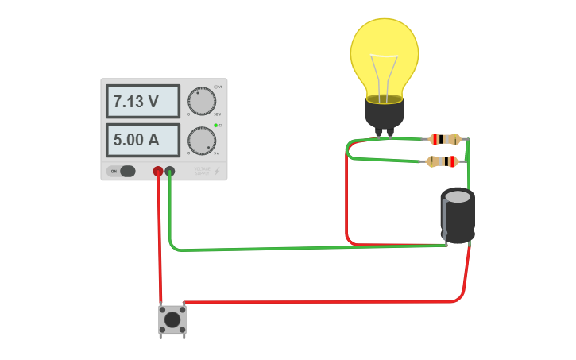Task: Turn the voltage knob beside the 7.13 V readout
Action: click(x=202, y=101)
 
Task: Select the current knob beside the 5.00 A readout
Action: click(x=202, y=141)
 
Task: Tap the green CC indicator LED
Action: click(x=215, y=126)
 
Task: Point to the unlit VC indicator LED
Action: click(x=215, y=87)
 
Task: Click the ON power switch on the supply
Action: click(x=122, y=171)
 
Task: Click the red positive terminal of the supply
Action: click(x=158, y=171)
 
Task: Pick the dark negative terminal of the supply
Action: click(x=169, y=171)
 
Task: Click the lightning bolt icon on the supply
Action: click(x=217, y=171)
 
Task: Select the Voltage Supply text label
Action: click(x=202, y=171)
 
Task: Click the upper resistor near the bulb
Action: click(x=445, y=140)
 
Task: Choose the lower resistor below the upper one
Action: click(x=443, y=162)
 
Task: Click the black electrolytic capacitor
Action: click(x=458, y=215)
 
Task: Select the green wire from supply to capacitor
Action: click(x=302, y=248)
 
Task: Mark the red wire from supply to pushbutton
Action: click(x=160, y=238)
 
